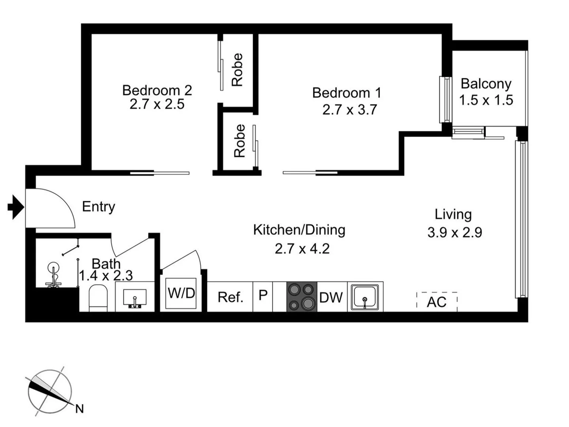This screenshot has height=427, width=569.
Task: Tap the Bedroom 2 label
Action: (157, 90)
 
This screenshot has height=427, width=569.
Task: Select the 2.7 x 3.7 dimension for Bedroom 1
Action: (350, 110)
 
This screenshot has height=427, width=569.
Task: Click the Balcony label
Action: (486, 84)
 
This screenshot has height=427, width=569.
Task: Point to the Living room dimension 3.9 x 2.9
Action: (455, 232)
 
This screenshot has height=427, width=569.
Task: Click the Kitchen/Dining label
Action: (299, 230)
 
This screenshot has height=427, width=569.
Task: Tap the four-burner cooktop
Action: (302, 297)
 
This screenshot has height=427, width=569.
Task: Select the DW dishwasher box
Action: (331, 297)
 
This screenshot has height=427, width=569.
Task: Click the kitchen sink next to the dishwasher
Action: (365, 297)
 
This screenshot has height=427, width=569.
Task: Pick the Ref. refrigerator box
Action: (231, 297)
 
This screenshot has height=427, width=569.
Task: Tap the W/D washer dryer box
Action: (181, 293)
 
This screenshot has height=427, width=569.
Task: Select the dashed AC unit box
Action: (437, 302)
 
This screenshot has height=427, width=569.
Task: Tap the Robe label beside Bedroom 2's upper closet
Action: (237, 70)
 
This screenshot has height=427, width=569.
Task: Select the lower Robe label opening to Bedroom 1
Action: (240, 141)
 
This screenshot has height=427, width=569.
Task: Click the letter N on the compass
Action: (79, 409)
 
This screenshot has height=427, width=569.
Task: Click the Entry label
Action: (98, 206)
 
